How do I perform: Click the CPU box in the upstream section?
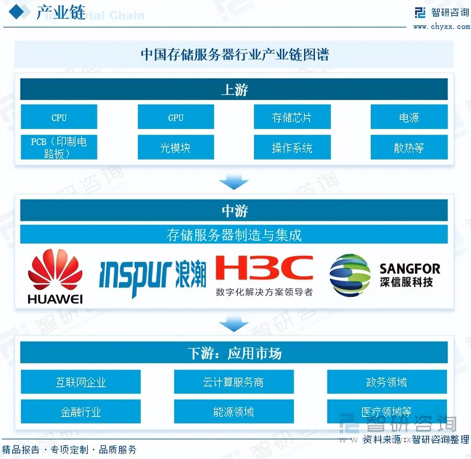[59, 117]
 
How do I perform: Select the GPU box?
[176, 117]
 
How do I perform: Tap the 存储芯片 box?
[292, 117]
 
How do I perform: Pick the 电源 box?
[409, 117]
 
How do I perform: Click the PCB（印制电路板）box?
[59, 147]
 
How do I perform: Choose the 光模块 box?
[176, 147]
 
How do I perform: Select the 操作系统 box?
[292, 147]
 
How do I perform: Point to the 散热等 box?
[409, 147]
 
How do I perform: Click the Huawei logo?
[55, 276]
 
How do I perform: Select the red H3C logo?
[264, 268]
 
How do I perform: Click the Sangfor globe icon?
[349, 275]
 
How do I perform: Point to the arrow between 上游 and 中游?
[234, 181]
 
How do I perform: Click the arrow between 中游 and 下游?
[234, 323]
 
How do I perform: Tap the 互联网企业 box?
[81, 382]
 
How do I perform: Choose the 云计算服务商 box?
[234, 382]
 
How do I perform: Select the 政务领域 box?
[387, 382]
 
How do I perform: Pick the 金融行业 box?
[81, 412]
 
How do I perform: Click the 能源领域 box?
[234, 412]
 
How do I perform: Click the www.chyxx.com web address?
[441, 26]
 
